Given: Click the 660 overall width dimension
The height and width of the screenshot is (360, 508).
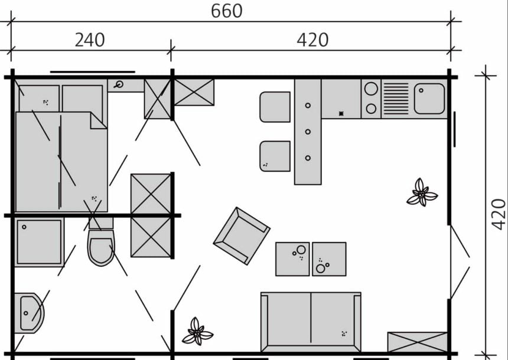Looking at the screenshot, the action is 226,11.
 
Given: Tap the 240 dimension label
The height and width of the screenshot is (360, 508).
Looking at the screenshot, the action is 90,40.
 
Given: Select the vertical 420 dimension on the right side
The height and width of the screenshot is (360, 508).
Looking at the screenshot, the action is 499,214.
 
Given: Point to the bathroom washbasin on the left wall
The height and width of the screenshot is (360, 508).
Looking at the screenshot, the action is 29,313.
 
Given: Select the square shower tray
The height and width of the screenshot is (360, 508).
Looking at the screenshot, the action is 39,242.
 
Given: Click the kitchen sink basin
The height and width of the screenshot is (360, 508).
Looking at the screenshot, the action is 429,99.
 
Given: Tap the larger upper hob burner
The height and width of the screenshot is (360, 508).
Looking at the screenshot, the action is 371,89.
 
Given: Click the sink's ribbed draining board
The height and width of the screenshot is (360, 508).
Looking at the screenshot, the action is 396,99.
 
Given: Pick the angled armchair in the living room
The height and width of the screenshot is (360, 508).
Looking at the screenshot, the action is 242,236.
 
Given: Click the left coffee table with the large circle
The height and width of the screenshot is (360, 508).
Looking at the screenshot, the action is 292,259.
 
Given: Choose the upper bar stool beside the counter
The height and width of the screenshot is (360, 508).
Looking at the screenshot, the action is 275,107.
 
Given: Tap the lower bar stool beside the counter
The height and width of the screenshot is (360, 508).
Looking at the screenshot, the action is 275,156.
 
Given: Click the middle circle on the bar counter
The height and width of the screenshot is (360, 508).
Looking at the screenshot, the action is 308,132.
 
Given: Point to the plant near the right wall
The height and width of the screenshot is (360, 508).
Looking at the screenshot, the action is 422,192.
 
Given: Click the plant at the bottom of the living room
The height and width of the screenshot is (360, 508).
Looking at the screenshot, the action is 197,332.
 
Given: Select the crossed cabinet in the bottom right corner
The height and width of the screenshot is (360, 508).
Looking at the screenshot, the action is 417,342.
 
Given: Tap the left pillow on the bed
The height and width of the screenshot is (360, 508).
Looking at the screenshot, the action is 39,99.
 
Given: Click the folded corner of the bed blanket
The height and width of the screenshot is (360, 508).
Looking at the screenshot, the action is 98,121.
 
